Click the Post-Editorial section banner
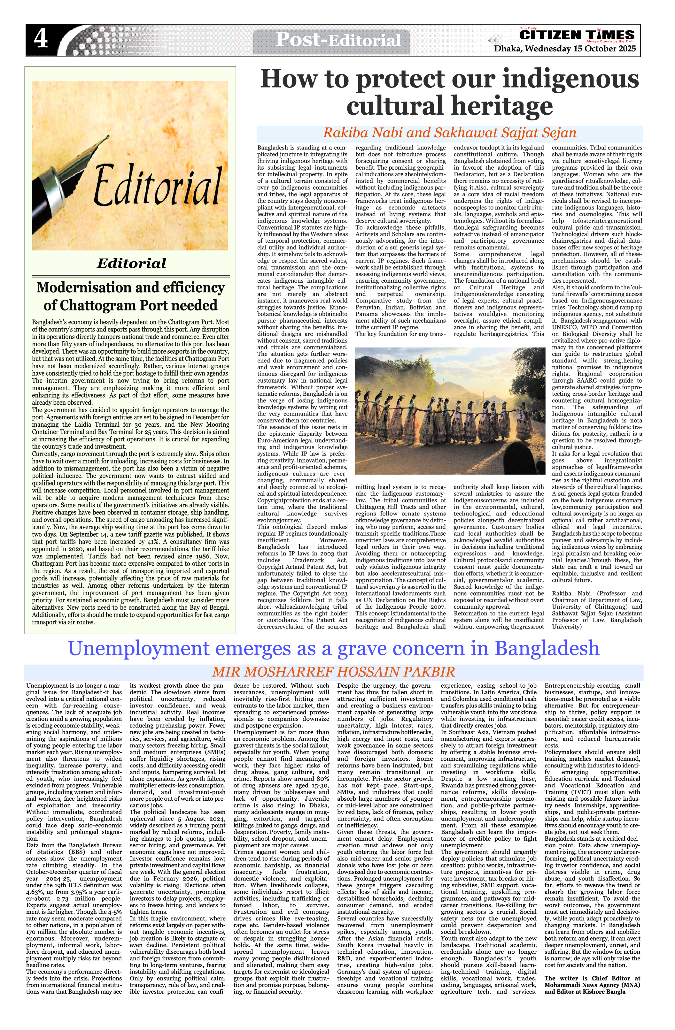coord(338,40)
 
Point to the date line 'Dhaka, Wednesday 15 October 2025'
coord(565,49)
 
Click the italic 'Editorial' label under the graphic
coord(131,263)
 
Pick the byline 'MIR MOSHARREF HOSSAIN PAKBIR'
coord(333,672)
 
